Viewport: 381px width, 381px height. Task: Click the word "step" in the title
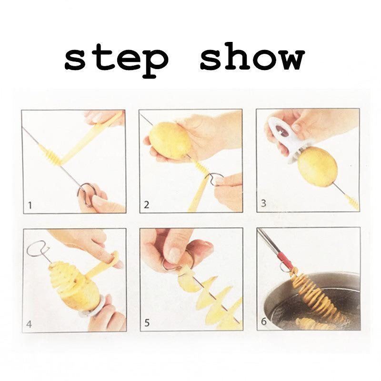point(117,60)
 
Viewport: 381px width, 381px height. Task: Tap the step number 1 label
point(30,206)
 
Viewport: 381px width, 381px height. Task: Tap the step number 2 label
point(147,205)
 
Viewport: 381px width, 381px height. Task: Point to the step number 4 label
point(30,324)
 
